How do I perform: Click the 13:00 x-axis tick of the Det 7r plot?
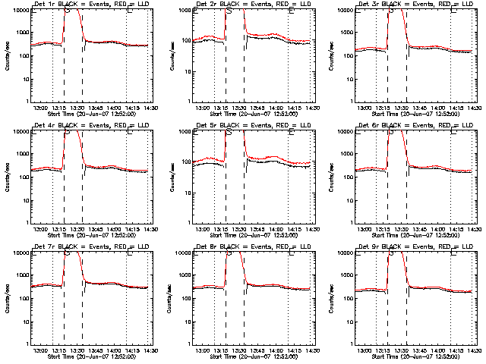41,350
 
